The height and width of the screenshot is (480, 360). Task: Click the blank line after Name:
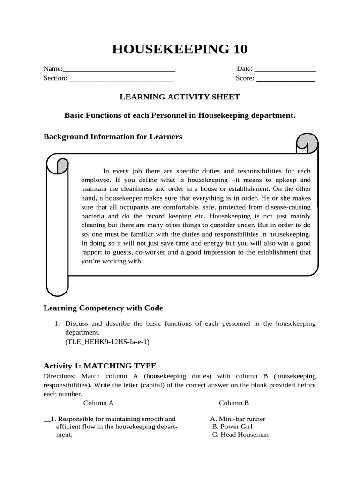(119, 70)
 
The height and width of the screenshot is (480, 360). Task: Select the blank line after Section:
(121, 80)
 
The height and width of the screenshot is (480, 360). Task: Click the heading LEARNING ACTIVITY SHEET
(180, 97)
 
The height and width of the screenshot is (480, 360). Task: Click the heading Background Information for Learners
(113, 137)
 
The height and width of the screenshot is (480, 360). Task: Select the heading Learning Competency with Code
(103, 308)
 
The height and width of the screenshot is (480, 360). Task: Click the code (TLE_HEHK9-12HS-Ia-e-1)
(107, 342)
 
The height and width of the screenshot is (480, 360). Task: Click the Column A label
(98, 403)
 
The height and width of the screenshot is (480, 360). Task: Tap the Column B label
(234, 403)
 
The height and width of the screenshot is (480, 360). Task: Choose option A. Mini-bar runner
(238, 419)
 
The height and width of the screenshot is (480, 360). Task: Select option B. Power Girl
(232, 427)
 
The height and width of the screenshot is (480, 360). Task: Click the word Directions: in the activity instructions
(60, 376)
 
